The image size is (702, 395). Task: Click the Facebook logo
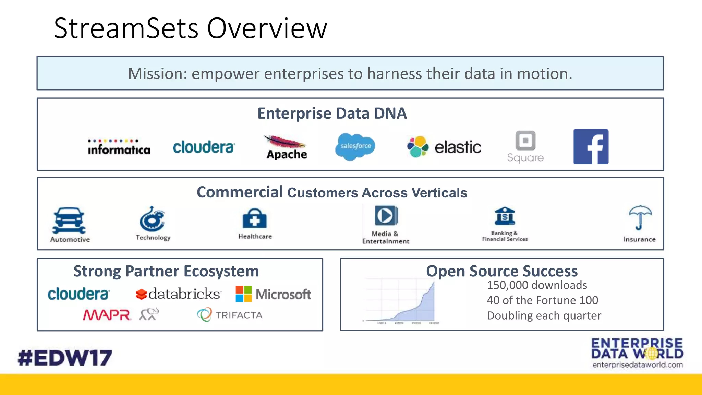(591, 146)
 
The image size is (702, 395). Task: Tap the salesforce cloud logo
(355, 146)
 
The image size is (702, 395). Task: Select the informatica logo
(119, 147)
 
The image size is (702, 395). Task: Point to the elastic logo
(444, 147)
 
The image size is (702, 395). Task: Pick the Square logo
(525, 146)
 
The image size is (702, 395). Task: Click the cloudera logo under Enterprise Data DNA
(204, 147)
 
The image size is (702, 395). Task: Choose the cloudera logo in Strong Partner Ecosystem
(78, 294)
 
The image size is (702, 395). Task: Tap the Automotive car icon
(69, 220)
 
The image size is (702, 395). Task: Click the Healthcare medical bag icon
(254, 218)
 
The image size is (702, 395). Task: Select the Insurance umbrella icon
(640, 217)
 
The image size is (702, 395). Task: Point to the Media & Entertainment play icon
(386, 215)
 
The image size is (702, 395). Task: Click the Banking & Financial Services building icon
(505, 216)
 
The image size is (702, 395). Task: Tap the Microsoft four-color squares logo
(244, 294)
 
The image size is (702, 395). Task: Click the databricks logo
(178, 294)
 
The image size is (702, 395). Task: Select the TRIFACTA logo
(230, 315)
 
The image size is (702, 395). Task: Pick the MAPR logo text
(107, 315)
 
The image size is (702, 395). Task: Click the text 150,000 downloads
(537, 285)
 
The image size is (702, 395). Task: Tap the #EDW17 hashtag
(65, 358)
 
